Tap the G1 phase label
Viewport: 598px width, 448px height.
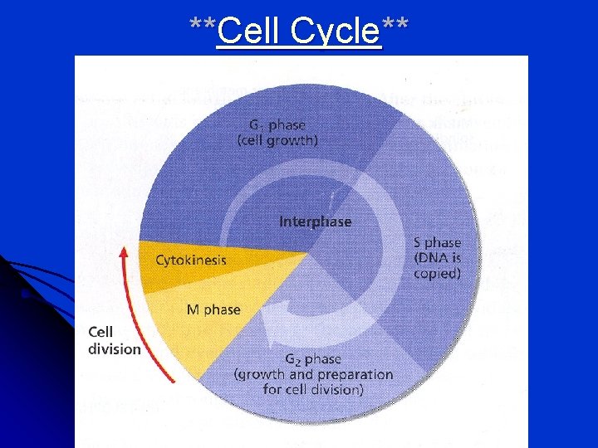pyautogui.click(x=277, y=124)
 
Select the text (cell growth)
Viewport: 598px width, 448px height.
pyautogui.click(x=277, y=140)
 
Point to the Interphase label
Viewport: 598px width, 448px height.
pyautogui.click(x=315, y=222)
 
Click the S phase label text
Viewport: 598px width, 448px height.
pyautogui.click(x=437, y=243)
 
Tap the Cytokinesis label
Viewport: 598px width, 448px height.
pyautogui.click(x=191, y=260)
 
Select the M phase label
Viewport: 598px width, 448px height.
pyautogui.click(x=213, y=309)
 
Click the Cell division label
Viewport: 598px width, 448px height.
pyautogui.click(x=114, y=341)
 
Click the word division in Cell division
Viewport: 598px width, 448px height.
pyautogui.click(x=115, y=349)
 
